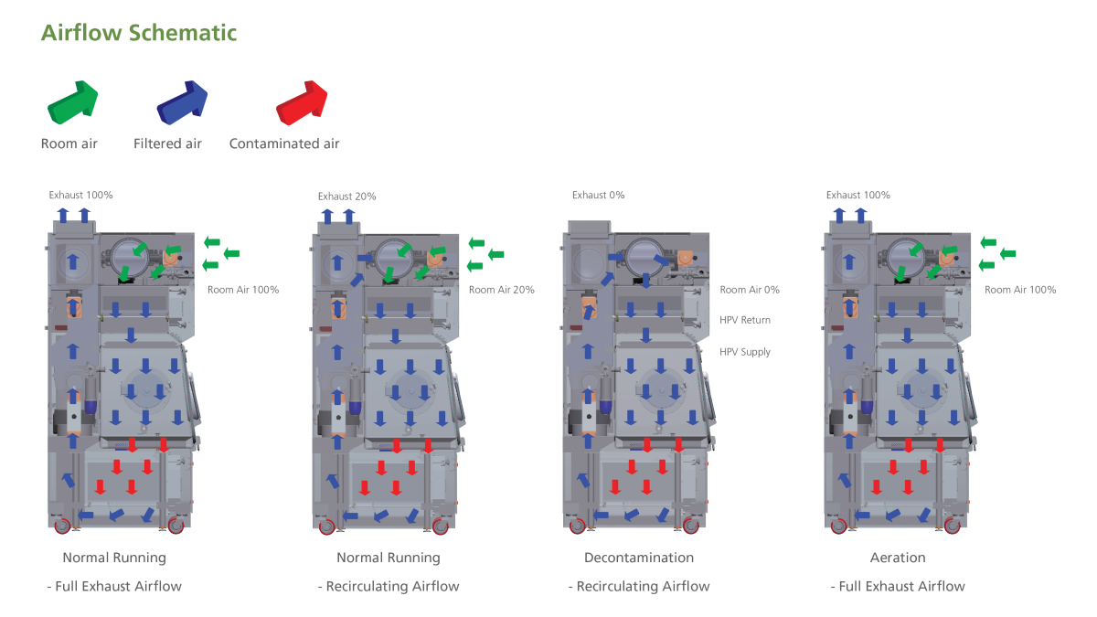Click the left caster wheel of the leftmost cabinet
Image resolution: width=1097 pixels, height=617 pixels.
(x=62, y=527)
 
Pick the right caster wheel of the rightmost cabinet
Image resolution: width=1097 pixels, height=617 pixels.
(x=952, y=527)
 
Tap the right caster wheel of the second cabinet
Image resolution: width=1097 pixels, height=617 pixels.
(x=440, y=527)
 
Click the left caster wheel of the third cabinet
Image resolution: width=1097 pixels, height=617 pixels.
(x=577, y=527)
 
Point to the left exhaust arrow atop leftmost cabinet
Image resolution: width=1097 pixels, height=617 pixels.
(x=63, y=216)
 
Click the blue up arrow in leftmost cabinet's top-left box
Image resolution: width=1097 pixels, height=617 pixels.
(x=72, y=261)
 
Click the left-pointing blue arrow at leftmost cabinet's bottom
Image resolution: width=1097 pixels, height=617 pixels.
(x=85, y=516)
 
